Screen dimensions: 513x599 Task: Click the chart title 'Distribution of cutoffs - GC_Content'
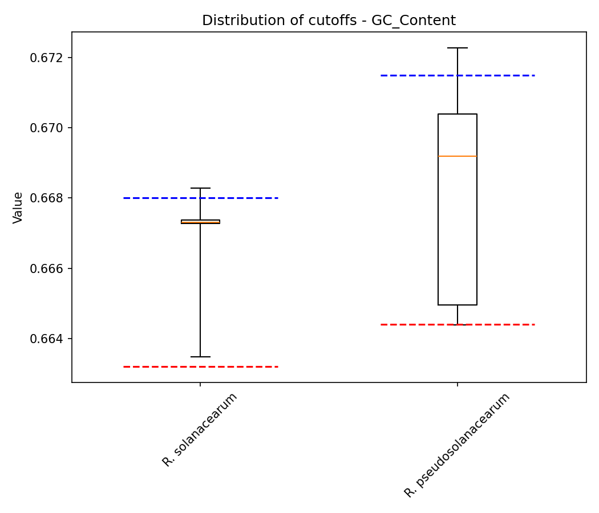(x=329, y=21)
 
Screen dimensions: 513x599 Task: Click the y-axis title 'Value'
(x=18, y=207)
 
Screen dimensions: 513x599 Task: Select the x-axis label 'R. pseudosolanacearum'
(x=457, y=445)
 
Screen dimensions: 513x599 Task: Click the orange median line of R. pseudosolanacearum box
(x=457, y=156)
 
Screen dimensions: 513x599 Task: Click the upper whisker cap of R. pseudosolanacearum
(x=457, y=48)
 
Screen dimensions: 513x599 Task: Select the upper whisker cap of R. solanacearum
(x=200, y=188)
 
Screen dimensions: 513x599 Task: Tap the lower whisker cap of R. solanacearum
(x=200, y=357)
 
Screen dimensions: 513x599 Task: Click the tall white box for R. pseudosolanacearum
(x=457, y=228)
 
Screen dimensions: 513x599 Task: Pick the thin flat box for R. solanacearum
(x=200, y=221)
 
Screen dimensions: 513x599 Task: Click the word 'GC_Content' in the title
(x=414, y=21)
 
